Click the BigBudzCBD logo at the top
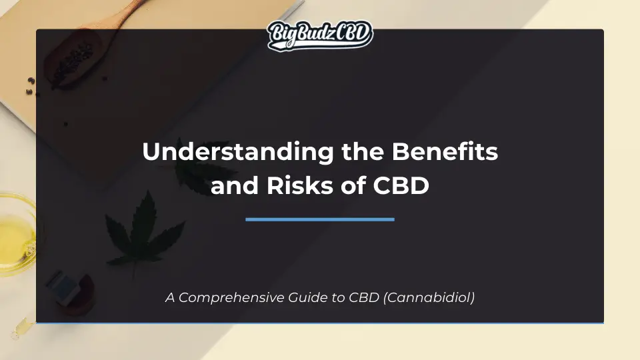pyautogui.click(x=320, y=35)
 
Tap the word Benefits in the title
pyautogui.click(x=445, y=152)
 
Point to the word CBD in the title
pyautogui.click(x=402, y=185)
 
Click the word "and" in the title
pyautogui.click(x=233, y=185)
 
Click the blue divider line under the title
pyautogui.click(x=320, y=219)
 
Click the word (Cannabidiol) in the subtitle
pyautogui.click(x=429, y=298)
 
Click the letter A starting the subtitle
pyautogui.click(x=169, y=298)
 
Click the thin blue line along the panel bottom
pyautogui.click(x=320, y=323)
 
